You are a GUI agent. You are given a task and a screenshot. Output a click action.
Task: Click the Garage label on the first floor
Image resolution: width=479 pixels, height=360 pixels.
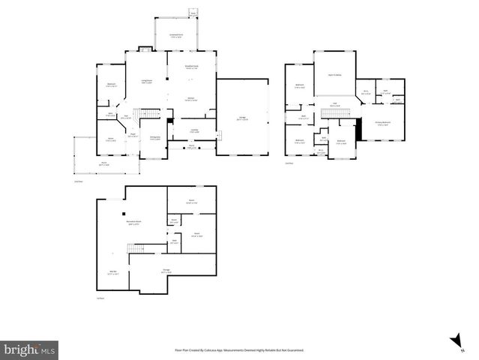point(241,118)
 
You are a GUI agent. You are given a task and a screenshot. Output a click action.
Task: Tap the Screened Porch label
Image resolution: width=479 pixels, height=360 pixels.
point(177,35)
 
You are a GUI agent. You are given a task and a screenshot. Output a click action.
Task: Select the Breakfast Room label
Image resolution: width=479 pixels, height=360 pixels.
point(191,67)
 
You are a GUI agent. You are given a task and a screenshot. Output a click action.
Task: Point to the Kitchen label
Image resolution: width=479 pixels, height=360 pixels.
point(191,99)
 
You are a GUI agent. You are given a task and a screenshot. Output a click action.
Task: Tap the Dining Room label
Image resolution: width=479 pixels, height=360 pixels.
point(155,138)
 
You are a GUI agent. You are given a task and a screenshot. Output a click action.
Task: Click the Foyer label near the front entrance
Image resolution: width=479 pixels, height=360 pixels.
point(132,136)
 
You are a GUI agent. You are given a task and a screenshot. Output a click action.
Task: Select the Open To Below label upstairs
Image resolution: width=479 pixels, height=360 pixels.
point(334,75)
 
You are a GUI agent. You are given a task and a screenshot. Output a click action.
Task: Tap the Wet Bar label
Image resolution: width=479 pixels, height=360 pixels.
point(112,273)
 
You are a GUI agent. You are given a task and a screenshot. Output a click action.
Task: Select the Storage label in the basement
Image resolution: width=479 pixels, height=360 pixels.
point(166,271)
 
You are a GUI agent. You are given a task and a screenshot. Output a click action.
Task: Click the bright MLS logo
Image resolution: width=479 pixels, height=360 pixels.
point(29,349)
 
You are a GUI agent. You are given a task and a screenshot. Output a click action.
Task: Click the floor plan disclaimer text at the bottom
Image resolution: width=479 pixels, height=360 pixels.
point(239,350)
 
